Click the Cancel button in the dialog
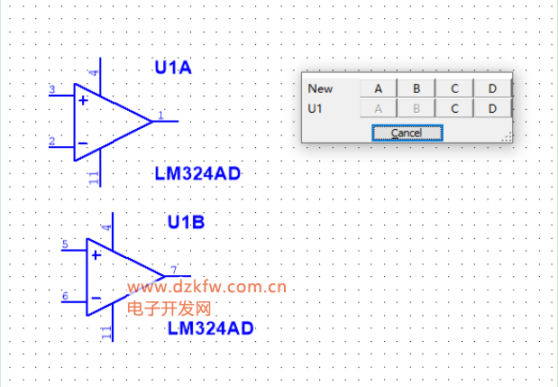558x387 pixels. click(407, 133)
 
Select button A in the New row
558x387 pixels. click(379, 88)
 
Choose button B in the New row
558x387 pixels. click(416, 88)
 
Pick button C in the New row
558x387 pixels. click(455, 88)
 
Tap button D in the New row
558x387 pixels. click(492, 88)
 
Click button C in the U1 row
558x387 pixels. click(455, 108)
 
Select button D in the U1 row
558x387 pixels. click(492, 108)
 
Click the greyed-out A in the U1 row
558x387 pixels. click(379, 108)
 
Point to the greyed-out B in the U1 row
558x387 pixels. click(416, 108)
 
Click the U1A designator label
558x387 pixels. click(174, 68)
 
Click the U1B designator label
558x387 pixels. click(187, 222)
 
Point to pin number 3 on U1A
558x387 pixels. click(52, 89)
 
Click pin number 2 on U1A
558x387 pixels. click(52, 141)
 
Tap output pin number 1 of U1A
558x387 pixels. click(160, 115)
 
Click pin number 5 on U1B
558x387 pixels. click(65, 244)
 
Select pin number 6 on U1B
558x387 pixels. click(65, 296)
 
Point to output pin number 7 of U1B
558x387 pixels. click(172, 269)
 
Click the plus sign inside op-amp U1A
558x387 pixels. click(83, 100)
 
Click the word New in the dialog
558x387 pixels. click(320, 88)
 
